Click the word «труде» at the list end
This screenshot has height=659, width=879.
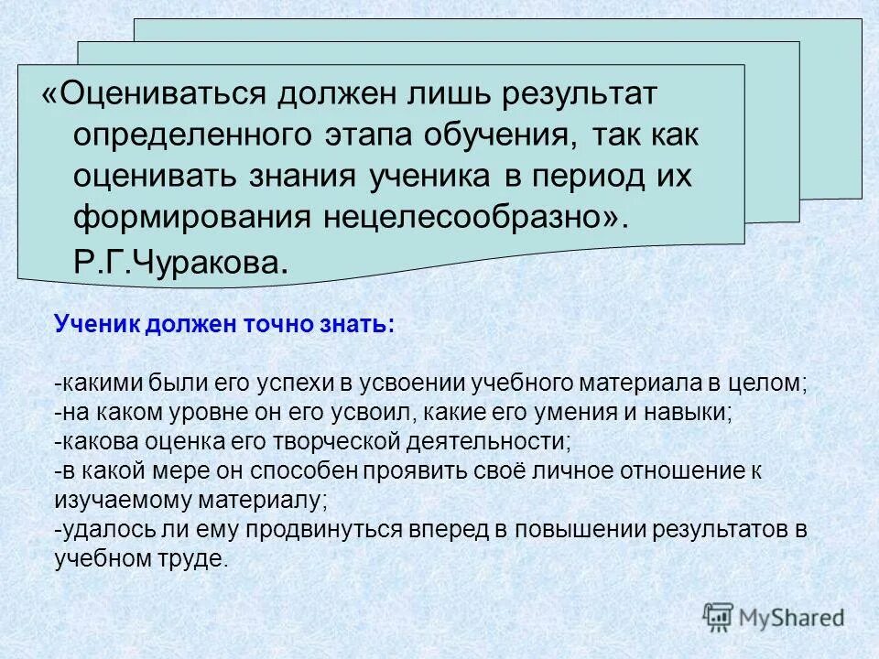(x=200, y=559)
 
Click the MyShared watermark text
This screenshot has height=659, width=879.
(x=792, y=618)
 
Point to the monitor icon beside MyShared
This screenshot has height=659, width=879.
(x=719, y=617)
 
